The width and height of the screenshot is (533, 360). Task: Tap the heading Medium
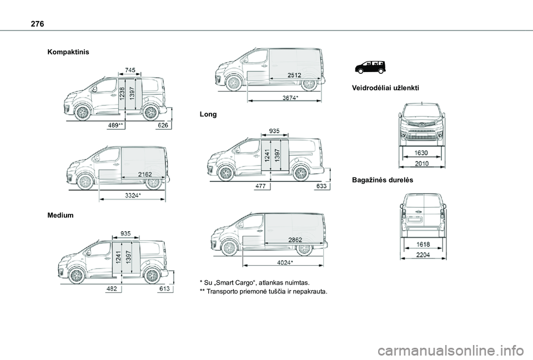click(x=61, y=215)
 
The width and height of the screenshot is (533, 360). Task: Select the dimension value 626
click(x=163, y=126)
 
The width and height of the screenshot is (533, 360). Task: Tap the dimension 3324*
click(x=133, y=195)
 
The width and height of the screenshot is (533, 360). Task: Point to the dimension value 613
click(x=164, y=289)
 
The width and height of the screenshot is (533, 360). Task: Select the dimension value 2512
click(x=294, y=75)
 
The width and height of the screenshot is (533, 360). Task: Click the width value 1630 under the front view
click(x=422, y=152)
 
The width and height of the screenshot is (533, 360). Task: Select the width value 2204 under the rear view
click(x=423, y=255)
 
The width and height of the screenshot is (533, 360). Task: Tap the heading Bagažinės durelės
click(x=383, y=181)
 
